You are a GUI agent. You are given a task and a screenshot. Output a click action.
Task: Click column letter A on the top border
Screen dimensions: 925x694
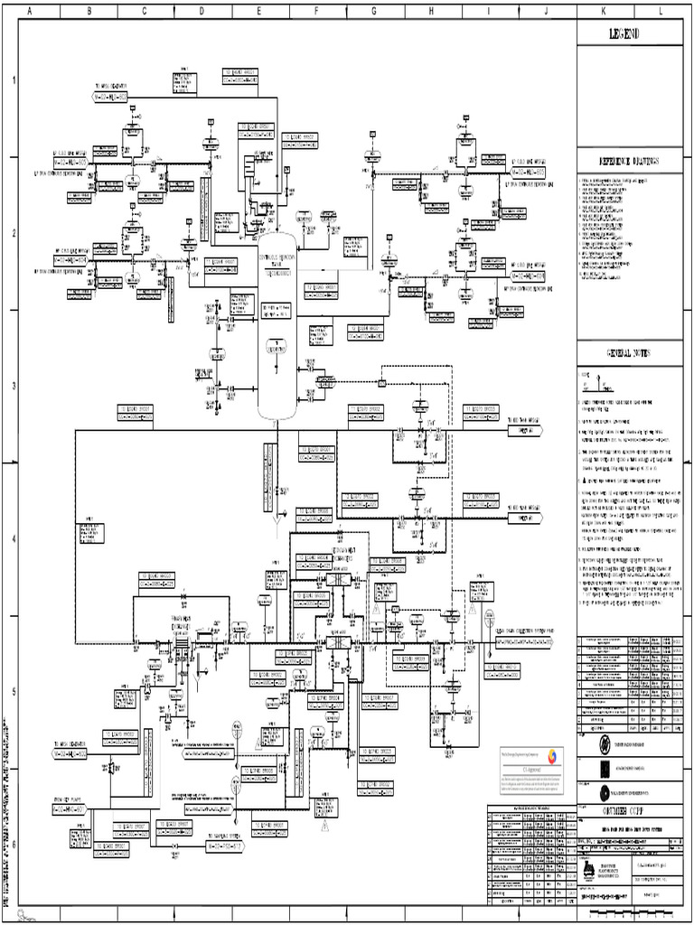31,12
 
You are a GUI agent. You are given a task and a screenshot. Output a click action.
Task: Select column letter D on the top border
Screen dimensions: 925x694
202,12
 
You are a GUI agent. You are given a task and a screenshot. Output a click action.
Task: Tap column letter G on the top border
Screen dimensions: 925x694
374,12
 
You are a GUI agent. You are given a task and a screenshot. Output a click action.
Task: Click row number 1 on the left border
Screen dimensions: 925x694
13,80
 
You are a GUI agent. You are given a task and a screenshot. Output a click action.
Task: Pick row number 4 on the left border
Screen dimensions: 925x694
13,539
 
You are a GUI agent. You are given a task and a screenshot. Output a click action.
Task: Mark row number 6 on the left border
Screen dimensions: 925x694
13,845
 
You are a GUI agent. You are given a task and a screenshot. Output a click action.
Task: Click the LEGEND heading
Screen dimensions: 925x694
630,33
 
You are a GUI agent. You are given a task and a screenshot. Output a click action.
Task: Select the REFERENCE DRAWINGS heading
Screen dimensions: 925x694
630,161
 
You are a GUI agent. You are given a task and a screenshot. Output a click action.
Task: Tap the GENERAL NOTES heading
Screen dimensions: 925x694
630,352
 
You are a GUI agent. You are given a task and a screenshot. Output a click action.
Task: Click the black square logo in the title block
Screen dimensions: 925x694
605,769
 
